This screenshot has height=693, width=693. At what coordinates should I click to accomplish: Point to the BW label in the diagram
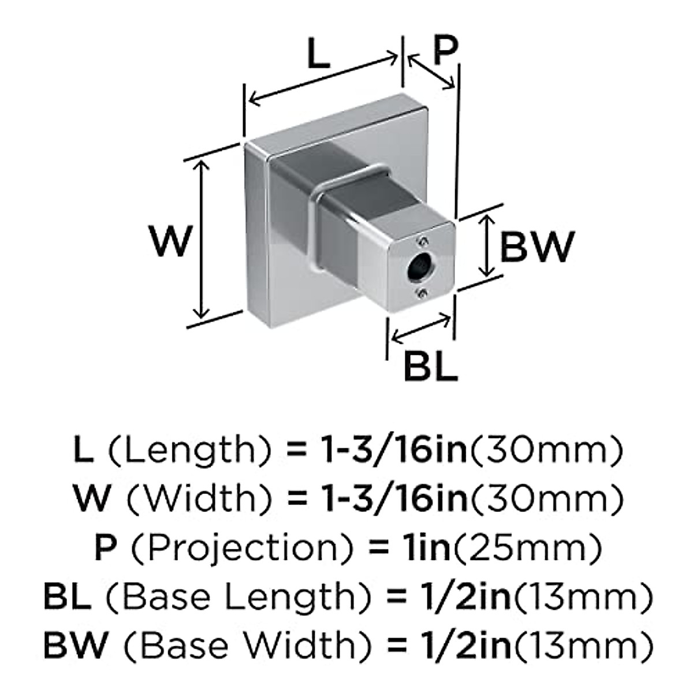click(x=536, y=247)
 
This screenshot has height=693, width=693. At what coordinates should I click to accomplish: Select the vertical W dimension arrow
click(x=201, y=239)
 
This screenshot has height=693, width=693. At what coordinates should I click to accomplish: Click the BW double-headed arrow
click(x=488, y=245)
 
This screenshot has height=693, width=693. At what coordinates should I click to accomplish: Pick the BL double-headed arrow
click(x=420, y=327)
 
